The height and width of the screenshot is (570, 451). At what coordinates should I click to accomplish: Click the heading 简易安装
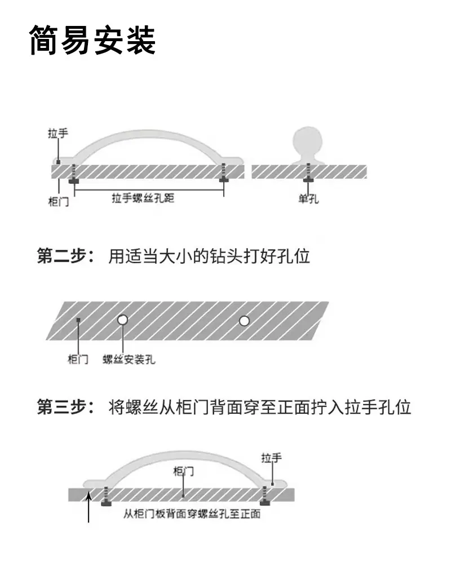coord(92,40)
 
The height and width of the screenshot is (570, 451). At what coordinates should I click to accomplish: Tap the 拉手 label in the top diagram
coord(58,134)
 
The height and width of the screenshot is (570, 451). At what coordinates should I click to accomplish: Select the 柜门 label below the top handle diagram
coord(59,201)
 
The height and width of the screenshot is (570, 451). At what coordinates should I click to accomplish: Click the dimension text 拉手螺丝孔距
coord(143,198)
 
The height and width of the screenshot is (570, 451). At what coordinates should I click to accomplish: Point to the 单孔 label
coord(308,198)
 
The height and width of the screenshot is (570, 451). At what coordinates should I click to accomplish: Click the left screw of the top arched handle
coord(74,174)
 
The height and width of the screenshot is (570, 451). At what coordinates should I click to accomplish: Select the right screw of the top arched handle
coord(223,173)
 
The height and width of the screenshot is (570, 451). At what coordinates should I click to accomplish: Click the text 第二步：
coord(66,256)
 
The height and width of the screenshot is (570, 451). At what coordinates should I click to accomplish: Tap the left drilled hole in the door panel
coord(123,320)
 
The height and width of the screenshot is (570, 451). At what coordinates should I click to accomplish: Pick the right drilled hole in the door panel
coord(244,321)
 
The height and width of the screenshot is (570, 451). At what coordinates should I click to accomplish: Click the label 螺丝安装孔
coord(129,360)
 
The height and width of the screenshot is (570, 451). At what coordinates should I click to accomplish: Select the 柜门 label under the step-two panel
coord(78,359)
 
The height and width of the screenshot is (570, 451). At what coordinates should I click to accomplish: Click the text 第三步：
coord(66,406)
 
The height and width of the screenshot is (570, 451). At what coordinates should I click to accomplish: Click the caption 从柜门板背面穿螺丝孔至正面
coord(192,514)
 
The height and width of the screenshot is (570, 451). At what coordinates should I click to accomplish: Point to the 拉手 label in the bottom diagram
coord(272,458)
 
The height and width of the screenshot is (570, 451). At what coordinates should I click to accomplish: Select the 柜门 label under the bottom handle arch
coord(184,471)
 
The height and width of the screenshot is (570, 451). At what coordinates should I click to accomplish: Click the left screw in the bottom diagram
coord(106,496)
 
